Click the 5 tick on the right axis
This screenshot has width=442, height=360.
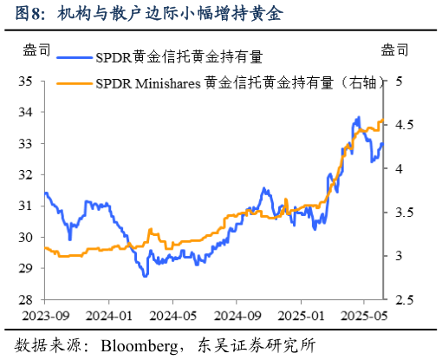(x=400, y=82)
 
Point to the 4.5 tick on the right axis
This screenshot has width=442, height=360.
(x=400, y=125)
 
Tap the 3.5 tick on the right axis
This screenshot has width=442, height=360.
(x=400, y=213)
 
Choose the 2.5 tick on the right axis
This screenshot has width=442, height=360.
(x=400, y=300)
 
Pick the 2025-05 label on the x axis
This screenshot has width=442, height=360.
(x=364, y=316)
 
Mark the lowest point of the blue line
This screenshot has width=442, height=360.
(x=146, y=276)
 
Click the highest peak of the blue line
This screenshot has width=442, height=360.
(x=358, y=116)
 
